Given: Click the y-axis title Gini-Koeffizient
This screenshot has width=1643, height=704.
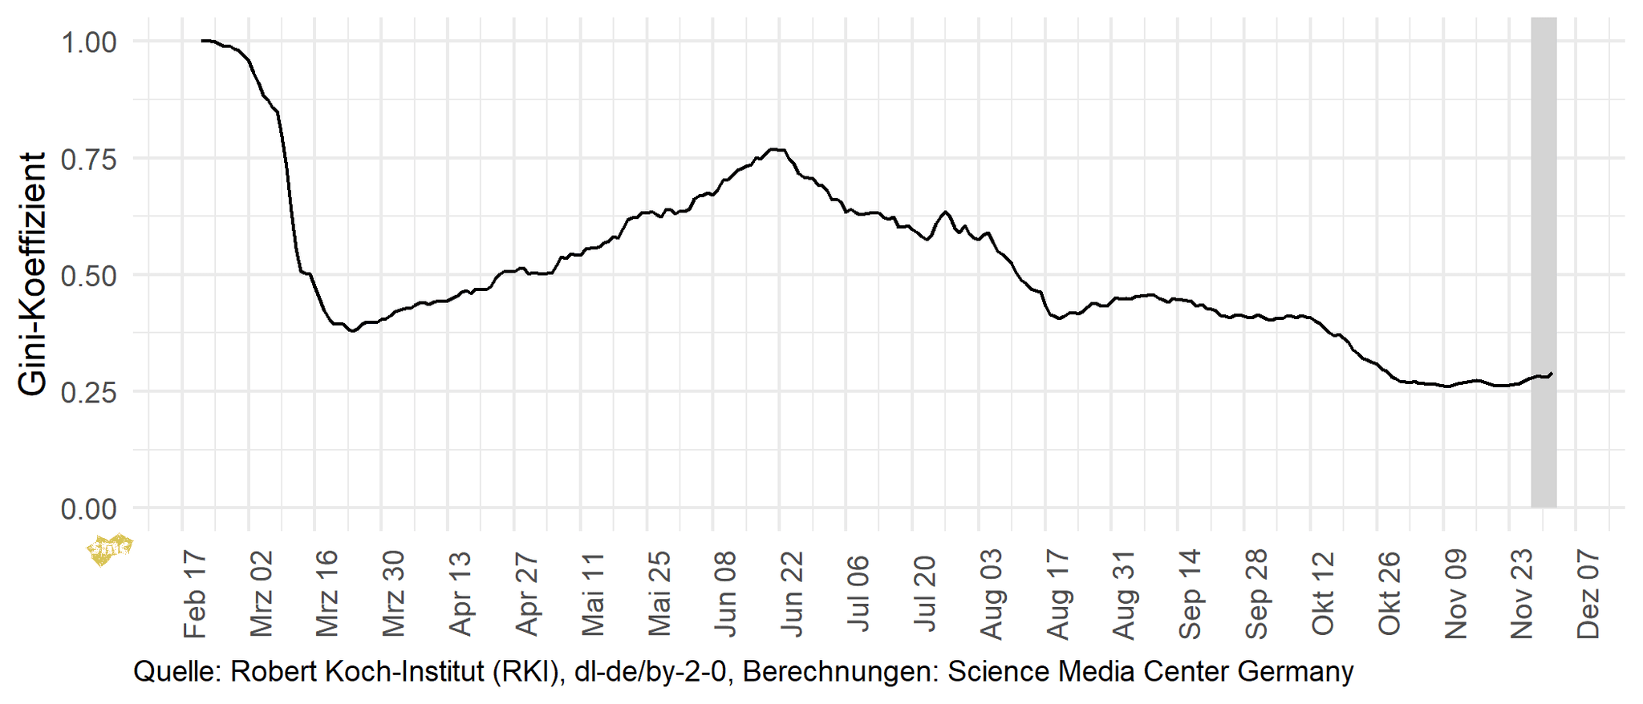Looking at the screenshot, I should [x=32, y=274].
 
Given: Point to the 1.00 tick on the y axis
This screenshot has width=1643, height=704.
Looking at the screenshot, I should [x=89, y=42].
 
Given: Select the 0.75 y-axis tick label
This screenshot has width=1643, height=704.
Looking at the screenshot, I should [x=89, y=159].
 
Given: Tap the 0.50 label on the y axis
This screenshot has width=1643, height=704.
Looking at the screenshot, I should [x=89, y=275].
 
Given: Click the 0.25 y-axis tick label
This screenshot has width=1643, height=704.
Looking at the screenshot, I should [x=89, y=392].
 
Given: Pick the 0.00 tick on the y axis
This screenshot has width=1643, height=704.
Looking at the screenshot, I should [x=89, y=508].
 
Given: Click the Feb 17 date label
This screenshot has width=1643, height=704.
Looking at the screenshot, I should [x=195, y=593].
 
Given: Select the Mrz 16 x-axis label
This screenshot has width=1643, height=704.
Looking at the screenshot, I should [x=327, y=593].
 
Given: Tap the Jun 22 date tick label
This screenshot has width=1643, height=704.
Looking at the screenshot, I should [x=792, y=593].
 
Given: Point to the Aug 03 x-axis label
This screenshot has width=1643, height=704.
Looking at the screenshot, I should [x=992, y=593].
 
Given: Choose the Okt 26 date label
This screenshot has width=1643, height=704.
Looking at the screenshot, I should [x=1389, y=593].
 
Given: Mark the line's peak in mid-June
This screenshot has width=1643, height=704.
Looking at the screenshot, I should [x=775, y=149].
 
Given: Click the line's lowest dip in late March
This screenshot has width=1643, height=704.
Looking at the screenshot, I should [x=352, y=330].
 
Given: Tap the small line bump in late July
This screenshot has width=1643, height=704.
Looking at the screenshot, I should [x=945, y=212].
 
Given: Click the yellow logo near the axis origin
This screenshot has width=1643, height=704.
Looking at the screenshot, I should [x=108, y=549].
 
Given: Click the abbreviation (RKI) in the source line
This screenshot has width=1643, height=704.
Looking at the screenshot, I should [x=525, y=671].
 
